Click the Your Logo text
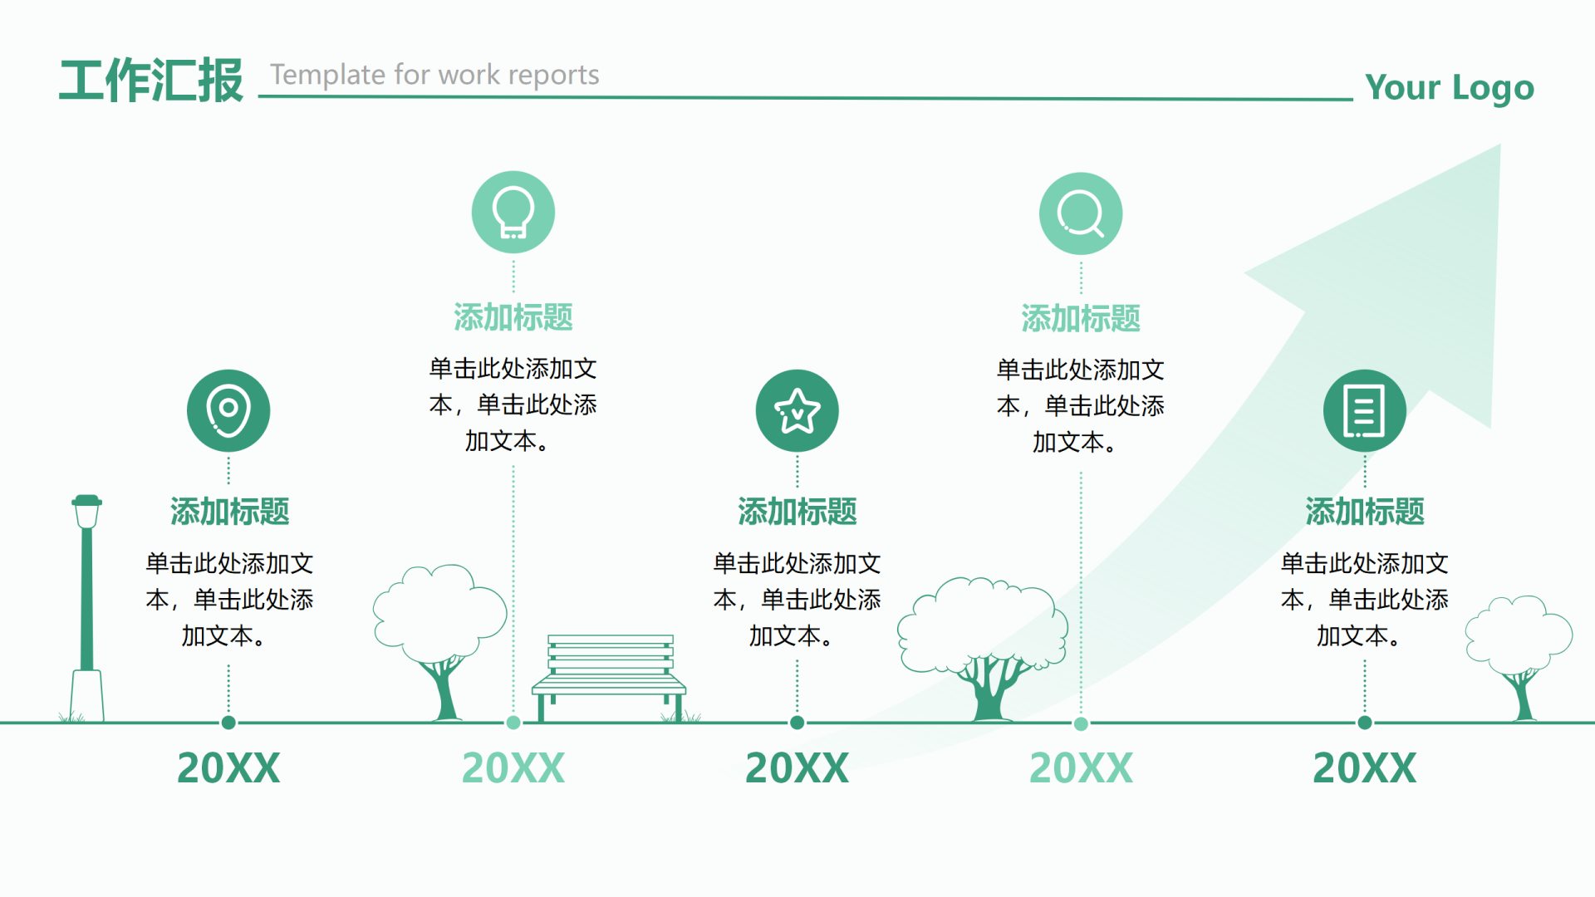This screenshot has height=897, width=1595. click(1449, 87)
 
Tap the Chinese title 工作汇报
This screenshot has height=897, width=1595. click(151, 81)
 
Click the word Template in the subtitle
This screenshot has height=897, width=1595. click(327, 75)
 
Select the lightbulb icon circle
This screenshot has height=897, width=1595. click(513, 213)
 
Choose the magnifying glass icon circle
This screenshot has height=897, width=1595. click(1081, 214)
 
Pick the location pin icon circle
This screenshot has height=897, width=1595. click(228, 410)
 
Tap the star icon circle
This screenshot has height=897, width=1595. click(797, 410)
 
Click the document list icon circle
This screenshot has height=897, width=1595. click(1365, 410)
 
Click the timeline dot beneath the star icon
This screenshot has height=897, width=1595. click(797, 723)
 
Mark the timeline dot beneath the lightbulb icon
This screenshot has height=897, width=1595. click(513, 723)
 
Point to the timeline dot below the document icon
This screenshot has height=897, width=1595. click(1365, 723)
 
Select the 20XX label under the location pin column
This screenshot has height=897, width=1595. click(228, 768)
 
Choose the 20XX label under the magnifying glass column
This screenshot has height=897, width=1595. click(1081, 768)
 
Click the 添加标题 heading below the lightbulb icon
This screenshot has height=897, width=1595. click(513, 317)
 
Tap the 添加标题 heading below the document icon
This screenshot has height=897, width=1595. click(1365, 512)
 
